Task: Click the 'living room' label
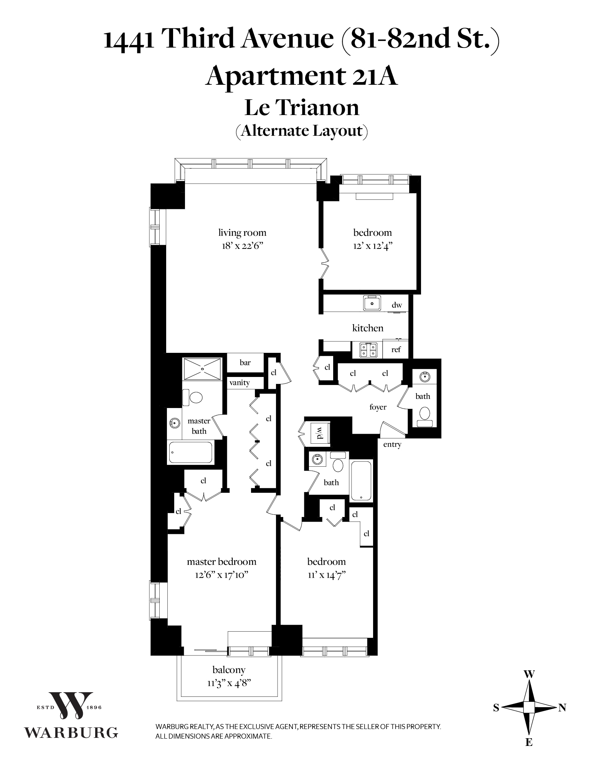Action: [x=242, y=232]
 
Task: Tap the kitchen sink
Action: [x=372, y=303]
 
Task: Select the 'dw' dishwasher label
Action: [x=397, y=305]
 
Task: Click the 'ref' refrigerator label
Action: [x=396, y=349]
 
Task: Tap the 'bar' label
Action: [x=245, y=362]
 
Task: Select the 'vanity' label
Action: [x=240, y=382]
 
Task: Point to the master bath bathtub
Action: [x=191, y=453]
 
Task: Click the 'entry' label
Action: [x=392, y=444]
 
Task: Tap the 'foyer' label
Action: [x=378, y=407]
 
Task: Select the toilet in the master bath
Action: [x=193, y=397]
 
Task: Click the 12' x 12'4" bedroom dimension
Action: [x=372, y=246]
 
